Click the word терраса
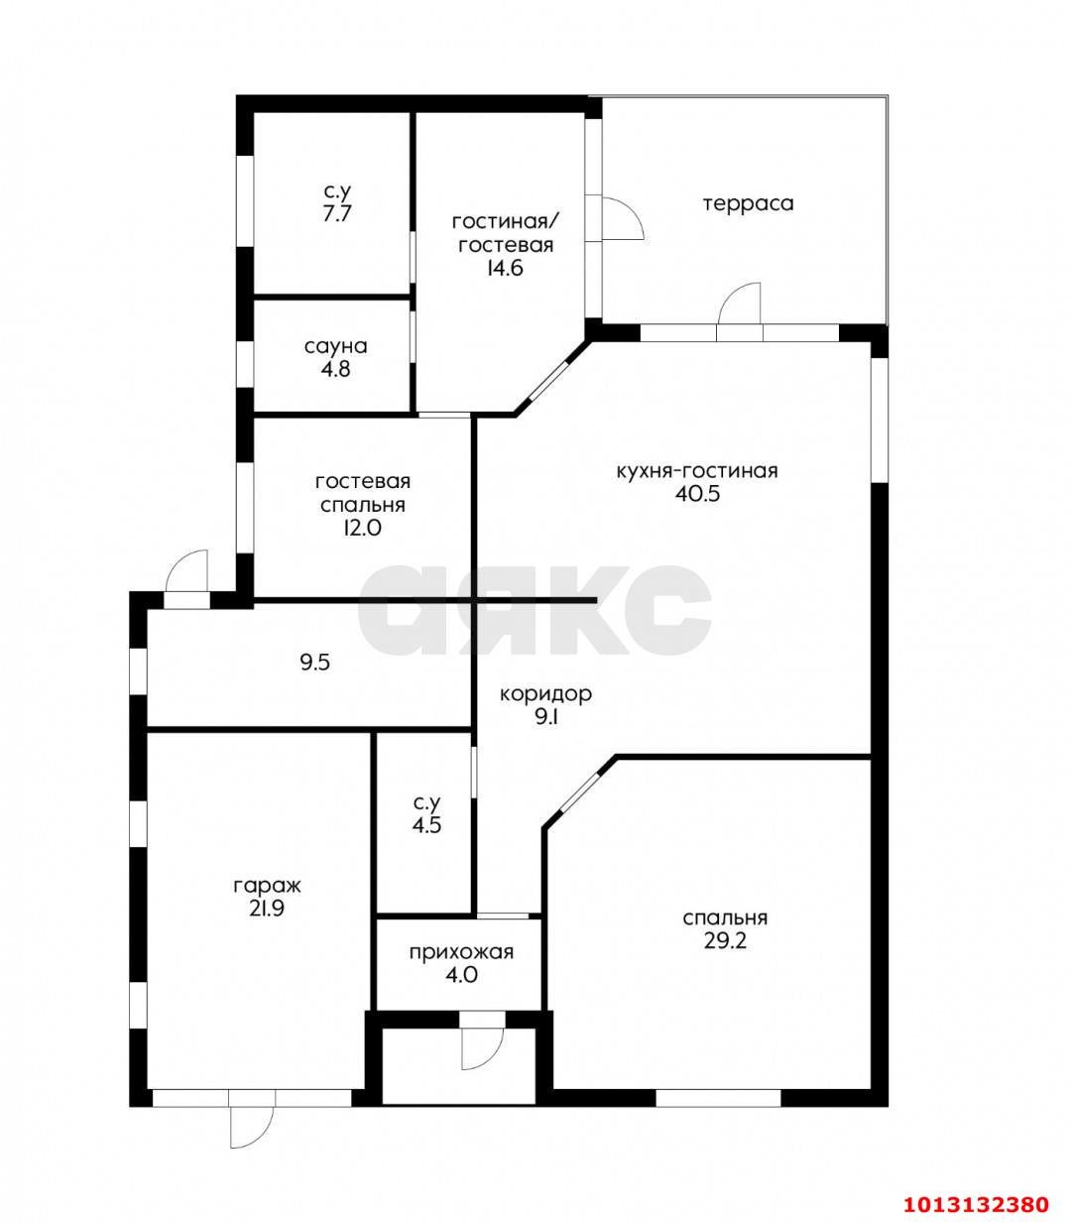pyautogui.click(x=748, y=203)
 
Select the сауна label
pyautogui.click(x=336, y=346)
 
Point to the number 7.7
pyautogui.click(x=336, y=214)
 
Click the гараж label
pyautogui.click(x=267, y=886)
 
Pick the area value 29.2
pyautogui.click(x=725, y=941)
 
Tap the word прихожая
pyautogui.click(x=461, y=952)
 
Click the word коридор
pyautogui.click(x=545, y=694)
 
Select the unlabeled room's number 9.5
pyautogui.click(x=315, y=663)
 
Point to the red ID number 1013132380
pyautogui.click(x=976, y=1187)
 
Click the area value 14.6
pyautogui.click(x=506, y=268)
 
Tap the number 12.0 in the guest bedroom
pyautogui.click(x=362, y=528)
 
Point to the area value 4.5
pyautogui.click(x=426, y=824)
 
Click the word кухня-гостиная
pyautogui.click(x=697, y=470)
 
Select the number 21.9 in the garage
pyautogui.click(x=266, y=909)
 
